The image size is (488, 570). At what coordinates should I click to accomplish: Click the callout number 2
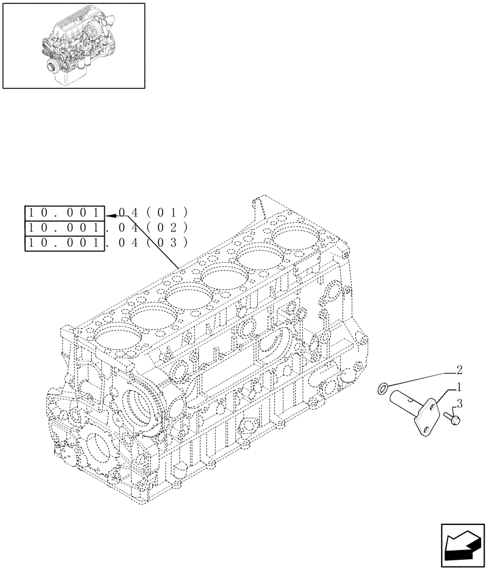pyautogui.click(x=459, y=369)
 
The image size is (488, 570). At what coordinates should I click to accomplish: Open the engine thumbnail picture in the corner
pyautogui.click(x=73, y=46)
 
